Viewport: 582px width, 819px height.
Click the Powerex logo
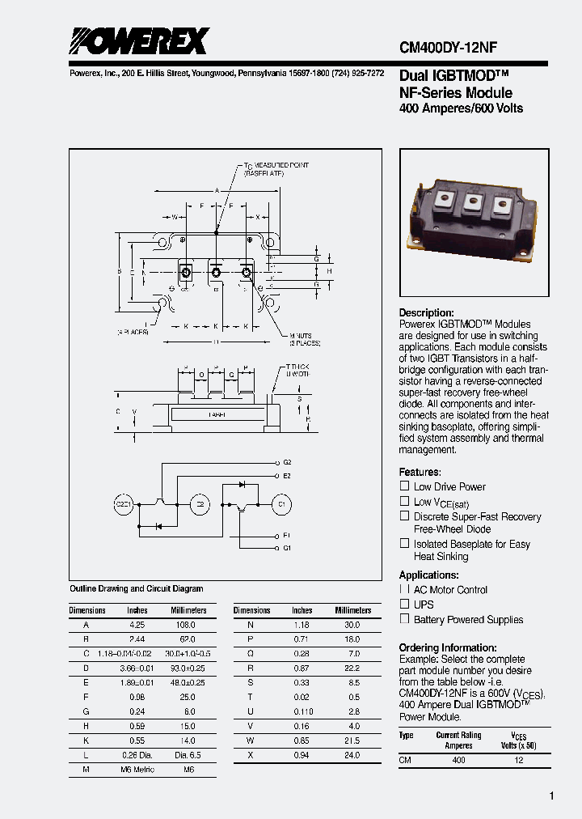(x=138, y=40)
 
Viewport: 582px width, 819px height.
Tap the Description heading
(x=426, y=313)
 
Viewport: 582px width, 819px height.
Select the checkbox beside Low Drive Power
(x=405, y=486)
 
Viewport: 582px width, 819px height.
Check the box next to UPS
(x=405, y=604)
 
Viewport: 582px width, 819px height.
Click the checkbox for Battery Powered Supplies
(x=405, y=619)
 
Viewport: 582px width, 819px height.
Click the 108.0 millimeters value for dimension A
(x=185, y=626)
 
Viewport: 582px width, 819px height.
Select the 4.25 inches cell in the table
(x=137, y=626)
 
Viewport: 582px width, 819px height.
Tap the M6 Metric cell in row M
(x=137, y=770)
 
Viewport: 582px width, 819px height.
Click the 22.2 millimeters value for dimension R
(x=351, y=668)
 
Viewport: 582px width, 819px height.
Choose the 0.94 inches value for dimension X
(x=302, y=755)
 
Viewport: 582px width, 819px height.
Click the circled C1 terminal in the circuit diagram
(x=280, y=504)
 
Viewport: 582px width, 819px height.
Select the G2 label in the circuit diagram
(x=286, y=462)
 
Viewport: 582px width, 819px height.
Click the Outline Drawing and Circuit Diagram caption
(x=137, y=588)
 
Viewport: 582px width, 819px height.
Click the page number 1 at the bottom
(x=552, y=796)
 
